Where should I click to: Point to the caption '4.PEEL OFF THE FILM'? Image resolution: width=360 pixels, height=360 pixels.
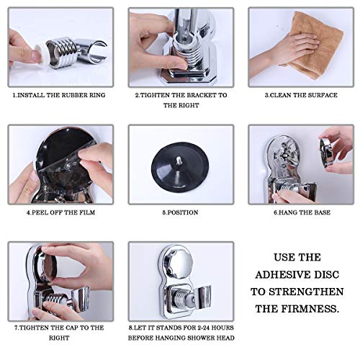61,213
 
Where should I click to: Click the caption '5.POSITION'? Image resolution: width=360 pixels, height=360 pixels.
181,213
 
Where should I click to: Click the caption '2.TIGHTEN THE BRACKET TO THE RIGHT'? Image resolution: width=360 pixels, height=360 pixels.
181,99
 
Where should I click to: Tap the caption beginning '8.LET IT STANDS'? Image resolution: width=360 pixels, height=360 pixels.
181,332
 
